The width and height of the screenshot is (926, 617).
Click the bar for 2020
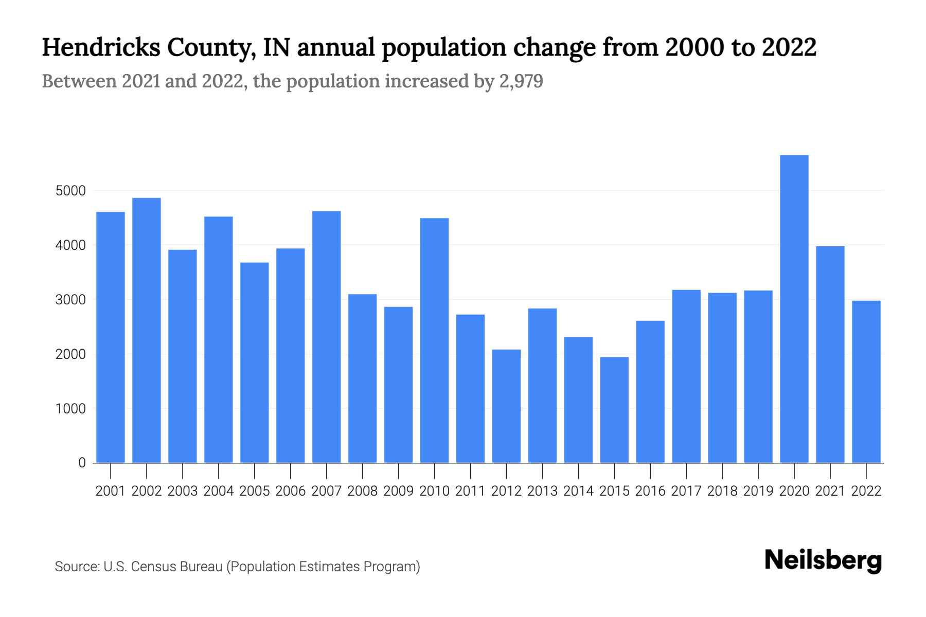pos(794,308)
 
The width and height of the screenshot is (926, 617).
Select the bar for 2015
pos(614,410)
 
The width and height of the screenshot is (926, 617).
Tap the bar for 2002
pos(147,330)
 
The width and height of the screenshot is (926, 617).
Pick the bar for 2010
pos(434,340)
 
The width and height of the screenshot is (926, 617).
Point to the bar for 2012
pos(506,406)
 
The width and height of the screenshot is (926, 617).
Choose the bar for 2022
pos(866,382)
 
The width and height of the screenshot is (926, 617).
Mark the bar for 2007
pos(326,337)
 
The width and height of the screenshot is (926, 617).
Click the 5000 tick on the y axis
pos(70,191)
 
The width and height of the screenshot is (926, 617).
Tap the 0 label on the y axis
pos(82,463)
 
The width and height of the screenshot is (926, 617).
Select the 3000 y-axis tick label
pos(70,300)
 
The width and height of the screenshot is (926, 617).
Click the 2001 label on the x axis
pos(111,491)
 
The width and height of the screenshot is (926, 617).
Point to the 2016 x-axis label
pos(650,491)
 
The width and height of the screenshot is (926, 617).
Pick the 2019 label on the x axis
pos(758,491)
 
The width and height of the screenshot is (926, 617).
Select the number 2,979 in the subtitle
pos(521,82)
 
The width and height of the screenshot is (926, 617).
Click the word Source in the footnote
pos(76,567)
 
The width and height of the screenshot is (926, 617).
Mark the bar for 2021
pos(830,355)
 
